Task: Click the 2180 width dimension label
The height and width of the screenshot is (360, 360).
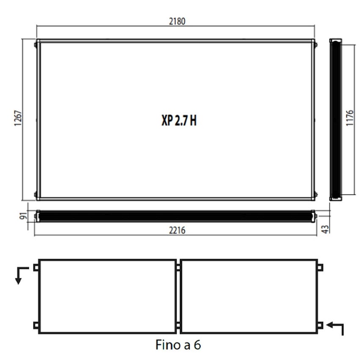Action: coord(177,21)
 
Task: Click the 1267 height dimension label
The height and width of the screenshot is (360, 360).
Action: coord(18,118)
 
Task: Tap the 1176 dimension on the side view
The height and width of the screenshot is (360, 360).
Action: coord(349,118)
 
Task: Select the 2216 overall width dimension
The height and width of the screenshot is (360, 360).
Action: coord(177,230)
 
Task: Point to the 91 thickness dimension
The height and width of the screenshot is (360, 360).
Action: coord(23,216)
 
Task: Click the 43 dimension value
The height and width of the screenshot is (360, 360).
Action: coord(325,230)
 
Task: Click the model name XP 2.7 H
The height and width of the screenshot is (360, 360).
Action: coord(179,120)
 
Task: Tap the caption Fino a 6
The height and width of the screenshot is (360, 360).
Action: coord(178,345)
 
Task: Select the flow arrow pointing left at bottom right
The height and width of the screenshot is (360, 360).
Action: coord(335,328)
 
